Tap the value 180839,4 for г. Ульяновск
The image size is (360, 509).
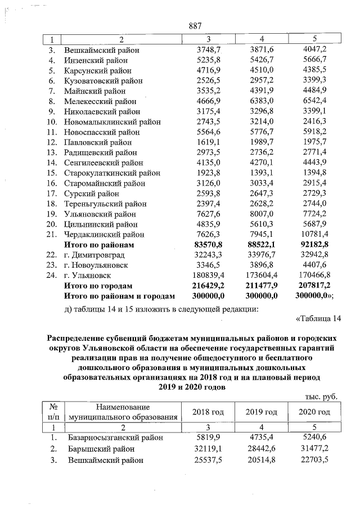pos(209,276)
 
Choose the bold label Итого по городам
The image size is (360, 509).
pos(99,286)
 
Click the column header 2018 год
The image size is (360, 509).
pos(208,412)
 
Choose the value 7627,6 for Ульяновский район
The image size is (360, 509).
pos(209,214)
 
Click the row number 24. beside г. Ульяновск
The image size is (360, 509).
pos(52,276)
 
